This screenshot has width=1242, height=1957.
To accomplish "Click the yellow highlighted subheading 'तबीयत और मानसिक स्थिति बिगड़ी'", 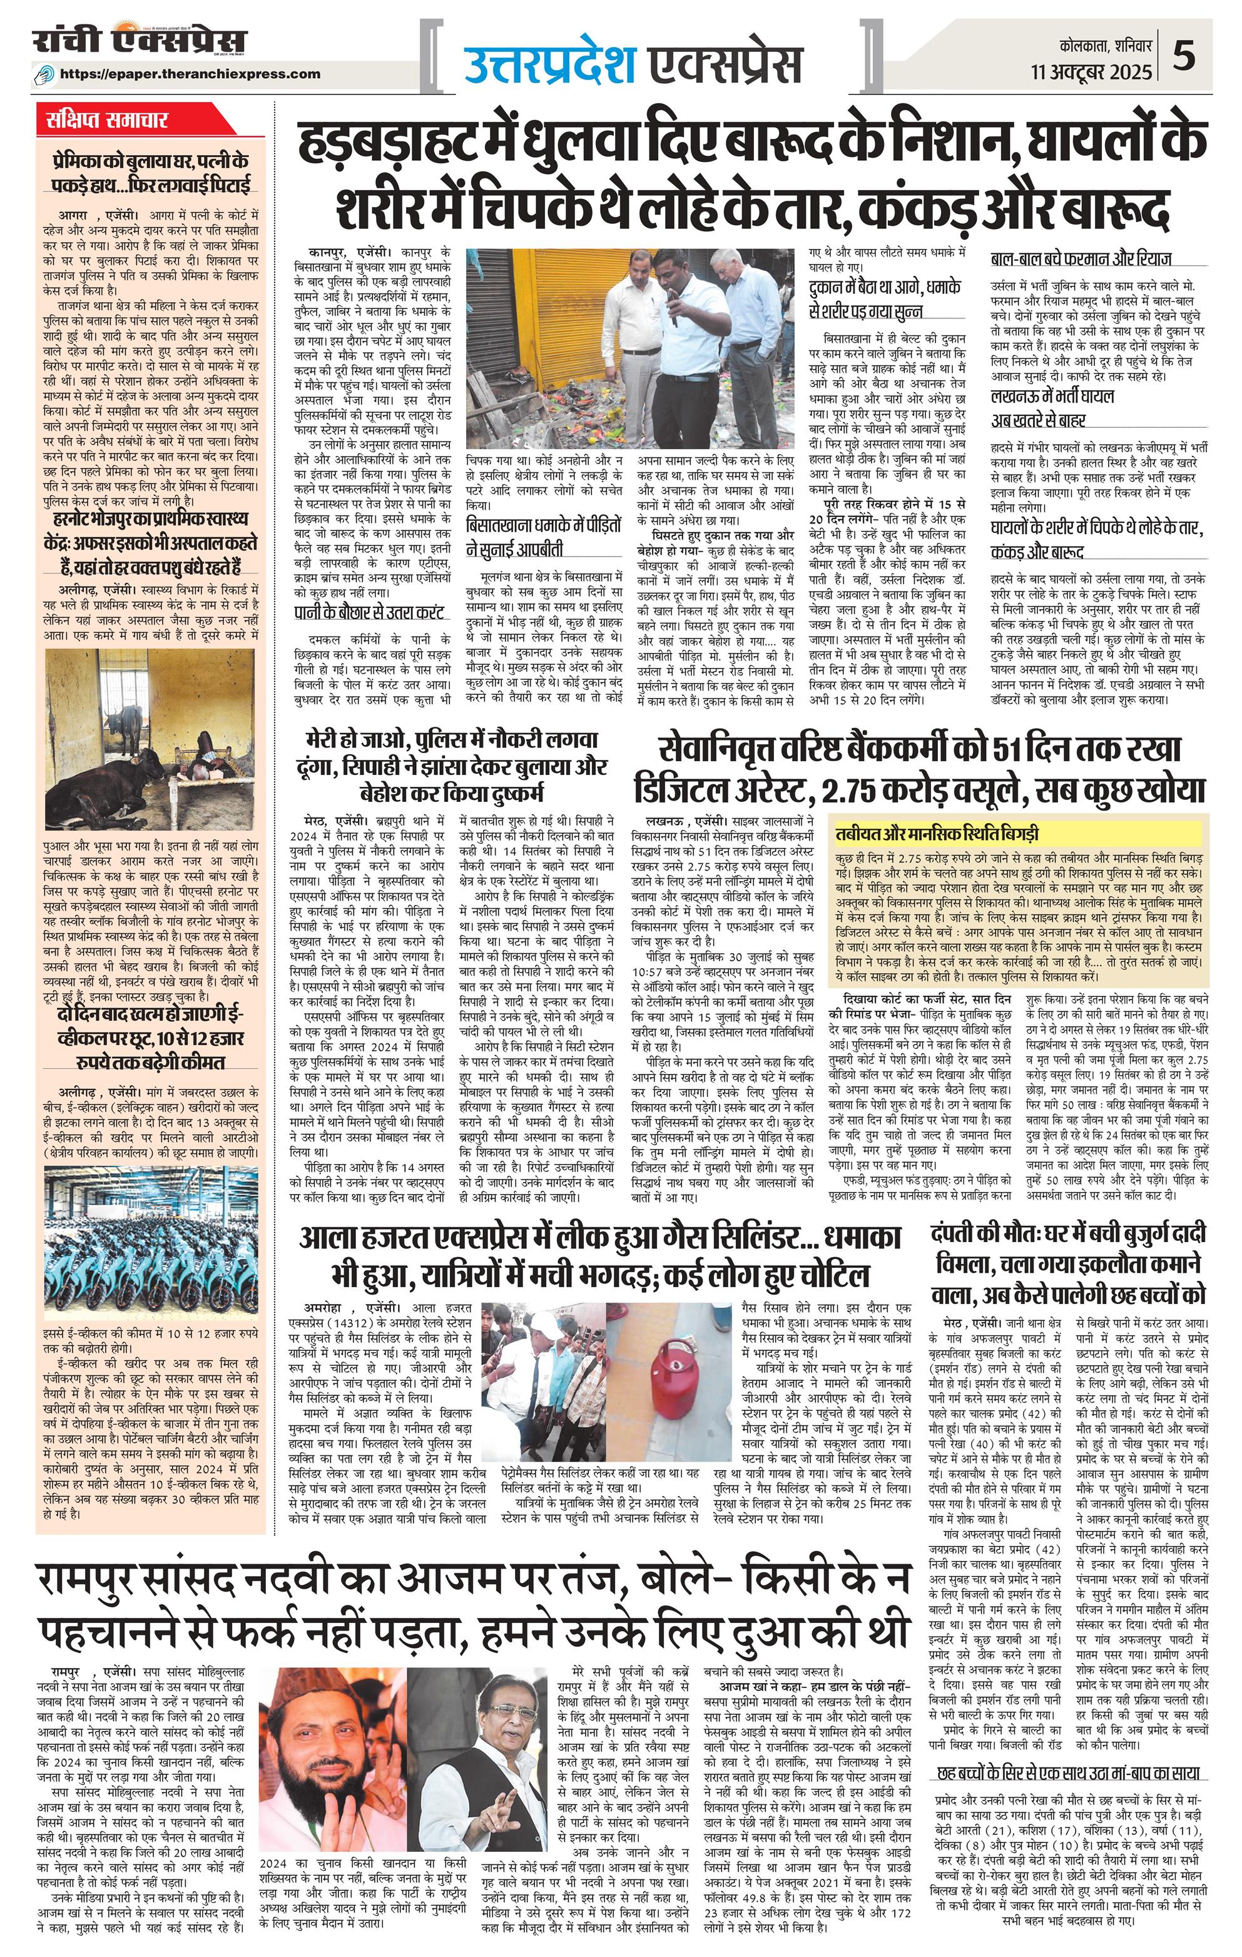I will (x=937, y=835).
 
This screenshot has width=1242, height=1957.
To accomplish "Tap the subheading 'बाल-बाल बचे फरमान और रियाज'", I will (x=1080, y=260).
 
